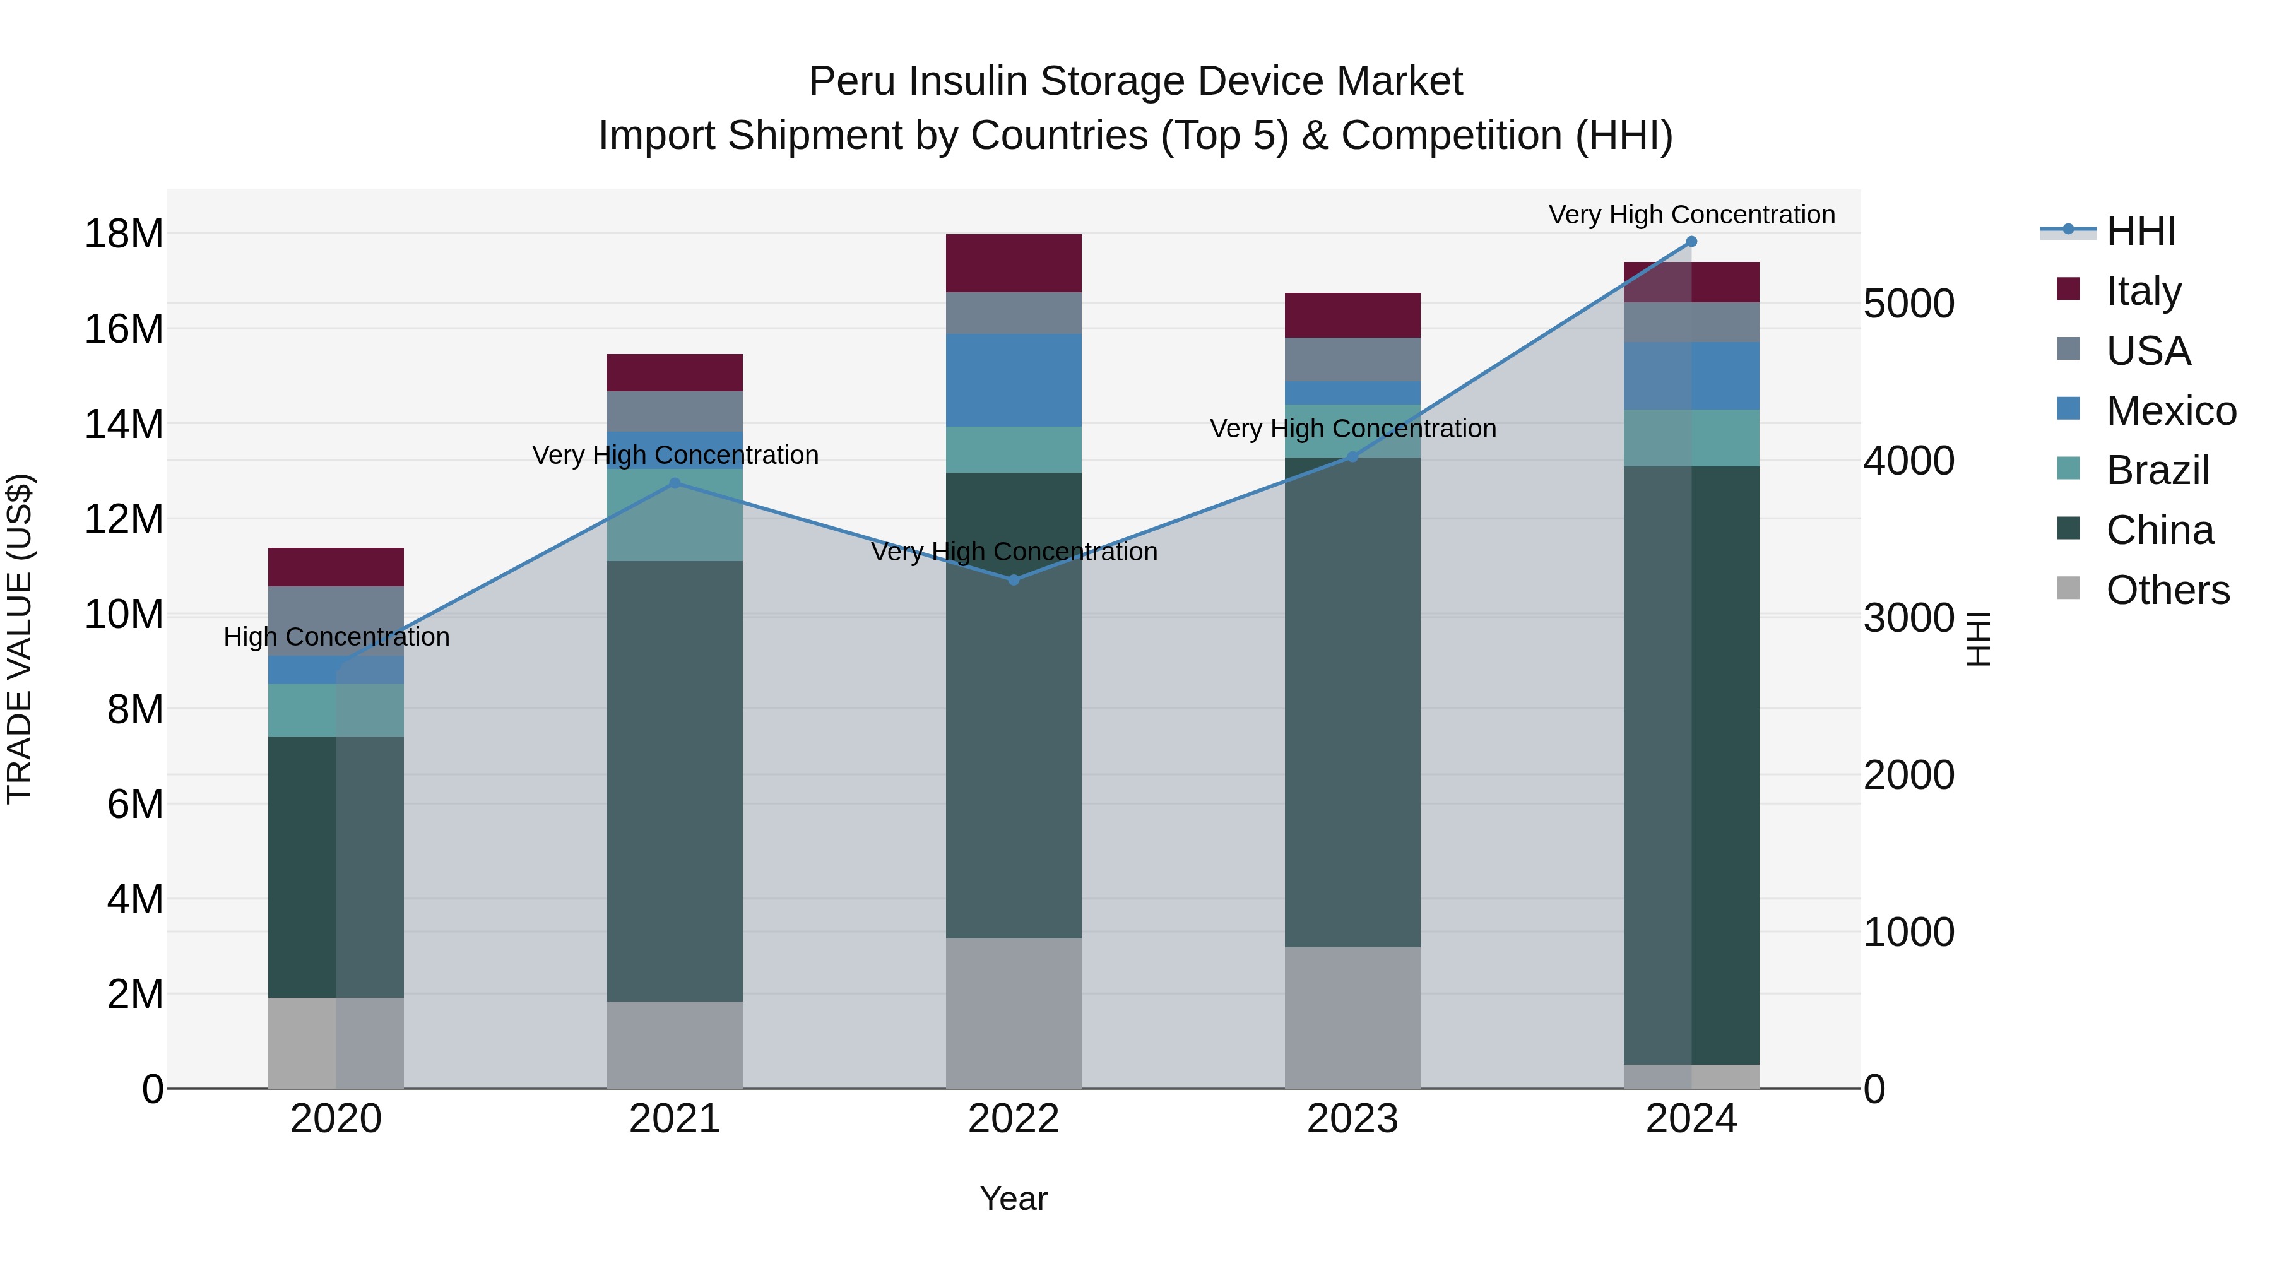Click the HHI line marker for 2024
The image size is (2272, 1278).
(1691, 242)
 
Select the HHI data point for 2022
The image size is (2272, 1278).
(1014, 579)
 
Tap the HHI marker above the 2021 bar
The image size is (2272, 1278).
(675, 483)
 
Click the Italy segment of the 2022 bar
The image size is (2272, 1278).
(1014, 263)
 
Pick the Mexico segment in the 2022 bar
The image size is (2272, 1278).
(1014, 380)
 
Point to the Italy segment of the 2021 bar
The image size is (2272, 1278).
(675, 372)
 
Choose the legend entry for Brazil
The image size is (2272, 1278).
(2157, 470)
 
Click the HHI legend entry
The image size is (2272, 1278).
(2141, 231)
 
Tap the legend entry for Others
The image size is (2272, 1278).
(2166, 590)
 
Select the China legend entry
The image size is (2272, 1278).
(2158, 530)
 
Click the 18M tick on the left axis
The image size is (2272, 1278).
(124, 234)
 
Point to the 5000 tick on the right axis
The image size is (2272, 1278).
(1908, 304)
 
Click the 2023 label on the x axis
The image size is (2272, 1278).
(1352, 1119)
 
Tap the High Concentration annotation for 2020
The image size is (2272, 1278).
(336, 637)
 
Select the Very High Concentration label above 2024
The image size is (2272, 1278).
(1691, 215)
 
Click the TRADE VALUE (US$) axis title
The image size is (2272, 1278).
(20, 639)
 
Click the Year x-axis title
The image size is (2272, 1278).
(1014, 1198)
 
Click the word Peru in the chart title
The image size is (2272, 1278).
(852, 81)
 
